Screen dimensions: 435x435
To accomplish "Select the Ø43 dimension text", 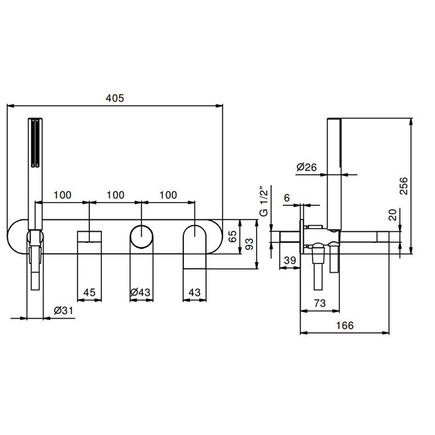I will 142,292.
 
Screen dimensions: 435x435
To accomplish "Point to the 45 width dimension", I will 89,292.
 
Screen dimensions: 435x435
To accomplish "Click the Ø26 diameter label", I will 306,167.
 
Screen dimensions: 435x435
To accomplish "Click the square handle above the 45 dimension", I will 89,237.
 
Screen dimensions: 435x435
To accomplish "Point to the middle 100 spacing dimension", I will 116,195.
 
